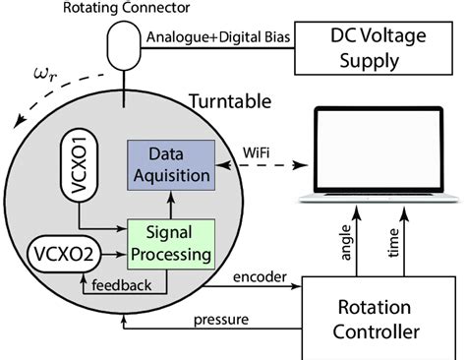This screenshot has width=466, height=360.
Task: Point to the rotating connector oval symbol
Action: tap(124, 45)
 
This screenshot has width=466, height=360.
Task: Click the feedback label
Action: tap(123, 285)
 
